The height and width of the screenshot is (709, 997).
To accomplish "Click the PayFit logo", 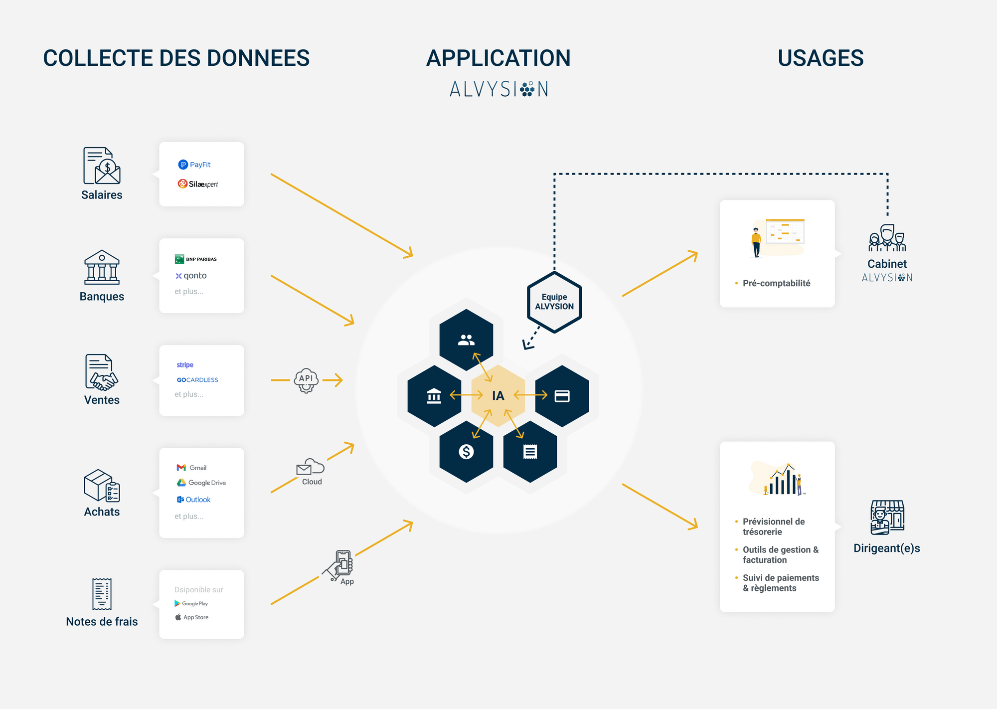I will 194,165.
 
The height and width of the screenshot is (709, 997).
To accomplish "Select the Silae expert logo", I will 198,184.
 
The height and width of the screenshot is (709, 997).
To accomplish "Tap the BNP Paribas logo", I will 196,259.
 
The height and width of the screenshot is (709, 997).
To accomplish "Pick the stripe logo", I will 185,365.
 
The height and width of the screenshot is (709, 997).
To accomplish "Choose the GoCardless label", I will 197,380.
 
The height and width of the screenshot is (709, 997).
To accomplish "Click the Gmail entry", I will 191,468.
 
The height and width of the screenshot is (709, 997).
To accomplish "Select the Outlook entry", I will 194,500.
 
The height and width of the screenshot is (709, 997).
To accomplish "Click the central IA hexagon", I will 498,396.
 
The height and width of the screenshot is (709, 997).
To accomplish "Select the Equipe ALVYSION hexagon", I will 554,302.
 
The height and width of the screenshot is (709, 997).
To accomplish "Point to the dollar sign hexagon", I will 466,452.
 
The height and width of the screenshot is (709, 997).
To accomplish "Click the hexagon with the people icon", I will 466,340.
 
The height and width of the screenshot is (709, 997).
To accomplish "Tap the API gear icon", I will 306,380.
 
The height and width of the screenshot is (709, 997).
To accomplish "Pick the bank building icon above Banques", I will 102,267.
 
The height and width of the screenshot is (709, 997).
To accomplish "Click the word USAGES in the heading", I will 821,58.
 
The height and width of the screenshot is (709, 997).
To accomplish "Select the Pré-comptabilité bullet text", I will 776,283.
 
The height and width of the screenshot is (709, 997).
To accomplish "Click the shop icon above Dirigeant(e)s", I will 887,518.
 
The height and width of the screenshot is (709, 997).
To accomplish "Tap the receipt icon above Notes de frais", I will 102,594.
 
